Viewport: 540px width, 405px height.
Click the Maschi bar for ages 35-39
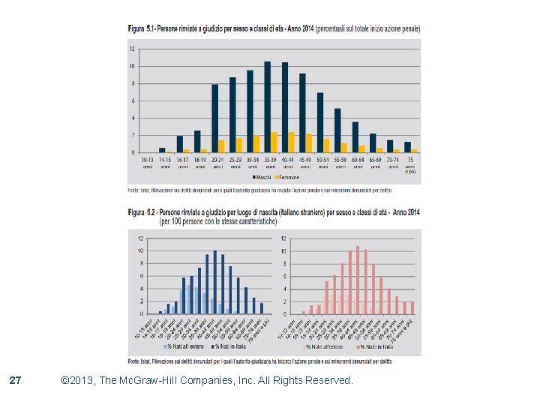[x=267, y=106]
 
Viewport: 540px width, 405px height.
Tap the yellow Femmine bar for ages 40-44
[x=291, y=142]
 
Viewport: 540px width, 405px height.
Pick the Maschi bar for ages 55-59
[x=337, y=130]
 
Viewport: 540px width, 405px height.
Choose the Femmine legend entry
[x=287, y=178]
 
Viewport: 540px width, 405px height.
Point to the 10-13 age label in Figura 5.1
[x=148, y=160]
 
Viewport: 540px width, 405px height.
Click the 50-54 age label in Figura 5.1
[x=323, y=160]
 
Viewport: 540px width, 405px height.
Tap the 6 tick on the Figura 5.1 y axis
[x=132, y=100]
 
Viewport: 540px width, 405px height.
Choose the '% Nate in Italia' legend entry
[x=376, y=346]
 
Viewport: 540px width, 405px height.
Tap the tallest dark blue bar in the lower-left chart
[x=215, y=282]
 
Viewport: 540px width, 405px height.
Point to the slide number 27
[x=15, y=381]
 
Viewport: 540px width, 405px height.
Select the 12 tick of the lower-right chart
[x=283, y=239]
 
